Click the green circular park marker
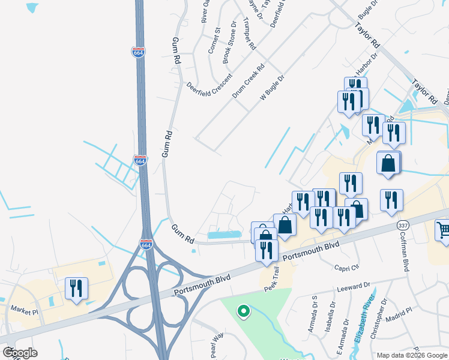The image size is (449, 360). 243,311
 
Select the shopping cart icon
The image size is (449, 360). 443,230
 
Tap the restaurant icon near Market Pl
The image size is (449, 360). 76,288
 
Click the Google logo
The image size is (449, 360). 20,353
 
